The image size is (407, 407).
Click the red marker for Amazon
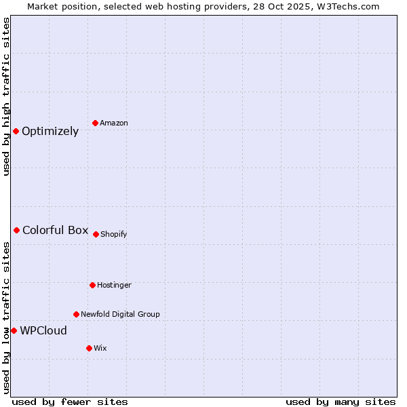(x=95, y=123)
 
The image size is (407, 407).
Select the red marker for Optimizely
(x=16, y=131)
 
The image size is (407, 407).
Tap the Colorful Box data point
(x=16, y=230)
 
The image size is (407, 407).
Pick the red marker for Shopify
(x=96, y=234)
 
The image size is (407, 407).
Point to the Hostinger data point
(x=92, y=285)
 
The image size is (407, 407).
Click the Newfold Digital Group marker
(x=76, y=314)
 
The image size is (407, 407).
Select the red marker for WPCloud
(x=14, y=330)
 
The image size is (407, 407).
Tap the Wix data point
(x=89, y=348)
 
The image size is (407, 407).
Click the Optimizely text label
(x=50, y=132)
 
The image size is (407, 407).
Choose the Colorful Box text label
(x=55, y=230)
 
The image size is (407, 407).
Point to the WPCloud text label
(x=43, y=331)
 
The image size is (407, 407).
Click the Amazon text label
(x=114, y=123)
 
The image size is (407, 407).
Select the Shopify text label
(x=114, y=234)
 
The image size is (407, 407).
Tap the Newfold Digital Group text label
(x=120, y=314)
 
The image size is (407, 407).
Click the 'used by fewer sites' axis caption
(x=69, y=402)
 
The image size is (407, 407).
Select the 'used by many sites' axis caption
(x=341, y=402)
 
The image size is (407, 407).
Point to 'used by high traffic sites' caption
(x=6, y=96)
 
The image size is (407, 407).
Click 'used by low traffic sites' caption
(x=6, y=317)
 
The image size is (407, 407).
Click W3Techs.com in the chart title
(x=350, y=6)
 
